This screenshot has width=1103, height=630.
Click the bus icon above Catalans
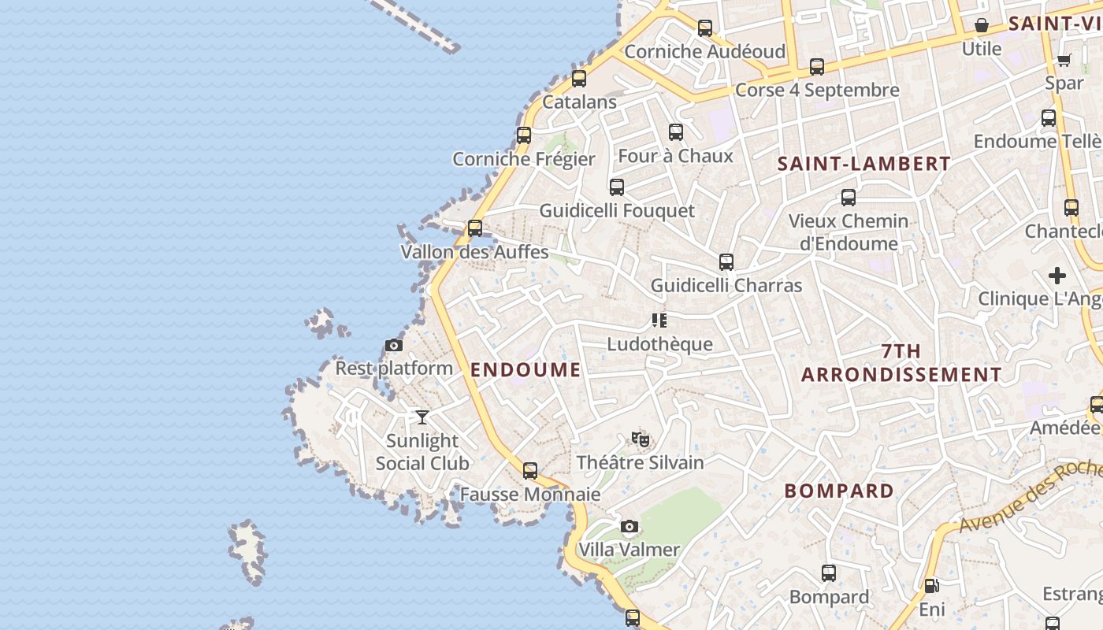click(x=579, y=78)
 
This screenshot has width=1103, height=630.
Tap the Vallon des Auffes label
click(x=474, y=252)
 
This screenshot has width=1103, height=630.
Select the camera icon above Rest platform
click(x=394, y=345)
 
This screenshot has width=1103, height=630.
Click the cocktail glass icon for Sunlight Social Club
click(x=422, y=417)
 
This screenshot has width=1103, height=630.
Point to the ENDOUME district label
click(x=526, y=369)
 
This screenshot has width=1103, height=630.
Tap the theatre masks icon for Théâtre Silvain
click(x=640, y=439)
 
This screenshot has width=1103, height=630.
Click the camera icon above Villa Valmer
click(x=629, y=526)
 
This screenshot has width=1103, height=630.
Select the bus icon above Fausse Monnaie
click(x=530, y=471)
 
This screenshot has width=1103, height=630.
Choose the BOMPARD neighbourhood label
click(x=839, y=491)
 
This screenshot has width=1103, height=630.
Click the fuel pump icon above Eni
click(x=931, y=586)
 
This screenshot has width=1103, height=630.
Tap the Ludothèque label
click(x=659, y=344)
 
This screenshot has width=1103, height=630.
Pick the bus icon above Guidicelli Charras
click(x=726, y=262)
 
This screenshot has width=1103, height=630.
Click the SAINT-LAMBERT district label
click(x=863, y=164)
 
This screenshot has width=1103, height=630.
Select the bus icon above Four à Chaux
click(x=675, y=132)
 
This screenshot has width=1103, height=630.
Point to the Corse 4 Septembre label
click(x=816, y=90)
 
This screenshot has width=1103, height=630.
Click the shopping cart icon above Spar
click(x=1064, y=60)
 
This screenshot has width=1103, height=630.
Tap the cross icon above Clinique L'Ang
click(x=1057, y=276)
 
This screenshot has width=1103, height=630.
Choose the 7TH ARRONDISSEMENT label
click(x=901, y=363)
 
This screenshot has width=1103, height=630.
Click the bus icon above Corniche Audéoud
click(x=705, y=28)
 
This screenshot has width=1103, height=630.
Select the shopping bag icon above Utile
click(x=981, y=25)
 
